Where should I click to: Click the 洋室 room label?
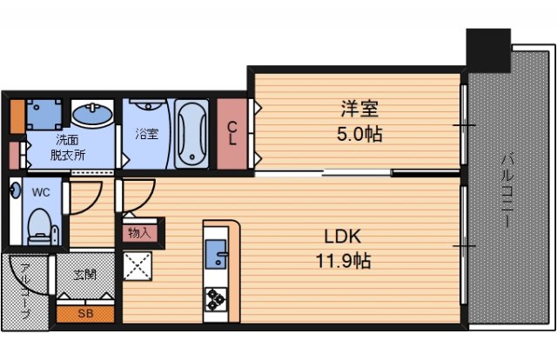pos(359,110)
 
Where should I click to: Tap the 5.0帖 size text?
pos(359,135)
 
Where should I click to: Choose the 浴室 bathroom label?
pos(146,134)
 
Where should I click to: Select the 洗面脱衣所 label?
pos(67,149)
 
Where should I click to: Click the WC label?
pos(40,190)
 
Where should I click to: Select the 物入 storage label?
pos(138,232)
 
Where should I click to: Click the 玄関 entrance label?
pos(85,275)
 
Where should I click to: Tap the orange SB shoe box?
pos(85,313)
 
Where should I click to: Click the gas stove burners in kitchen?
pos(214,300)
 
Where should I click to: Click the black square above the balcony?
pos(487,50)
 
